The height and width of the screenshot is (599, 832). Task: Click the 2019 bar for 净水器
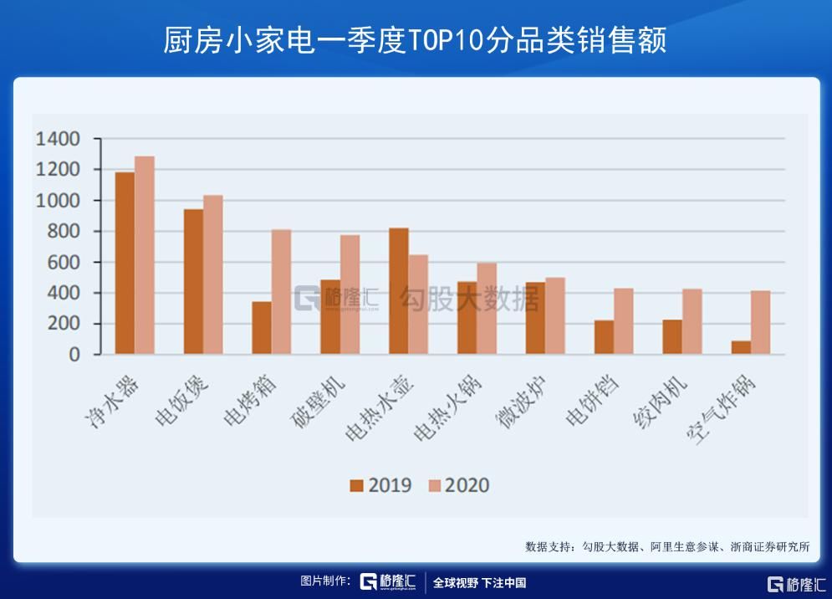pos(125,263)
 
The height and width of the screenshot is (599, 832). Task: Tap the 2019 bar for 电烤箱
pos(262,327)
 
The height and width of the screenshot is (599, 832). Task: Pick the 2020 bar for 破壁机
pos(350,294)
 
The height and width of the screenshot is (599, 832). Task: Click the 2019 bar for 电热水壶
pos(399,291)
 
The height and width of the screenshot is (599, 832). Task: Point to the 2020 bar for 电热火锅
pos(487,309)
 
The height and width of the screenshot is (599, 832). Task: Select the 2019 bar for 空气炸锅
pos(741,347)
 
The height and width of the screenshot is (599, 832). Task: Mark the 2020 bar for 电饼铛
pos(623,321)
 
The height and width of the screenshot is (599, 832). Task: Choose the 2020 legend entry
pos(457,486)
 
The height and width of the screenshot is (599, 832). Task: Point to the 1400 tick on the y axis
pos(58,139)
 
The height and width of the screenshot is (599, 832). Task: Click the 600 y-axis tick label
pos(64,263)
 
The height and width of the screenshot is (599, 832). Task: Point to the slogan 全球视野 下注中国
pos(479,583)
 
